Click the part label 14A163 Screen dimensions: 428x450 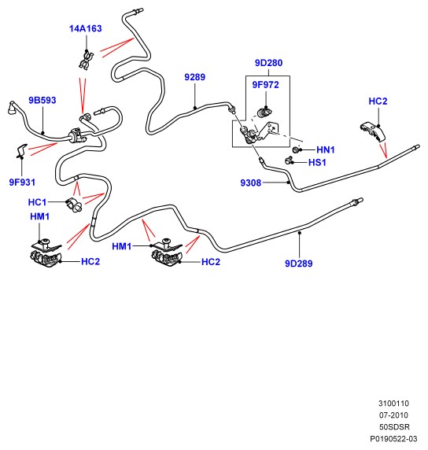coord(86,28)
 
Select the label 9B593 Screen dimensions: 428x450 coord(42,100)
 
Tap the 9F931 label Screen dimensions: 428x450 coord(22,183)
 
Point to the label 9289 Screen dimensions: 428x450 coord(194,77)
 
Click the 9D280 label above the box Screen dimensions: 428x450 coord(269,63)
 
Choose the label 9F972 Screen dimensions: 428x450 coord(265,85)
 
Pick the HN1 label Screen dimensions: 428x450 coord(326,149)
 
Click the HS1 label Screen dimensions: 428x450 coord(317,163)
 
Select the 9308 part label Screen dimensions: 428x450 coord(251,183)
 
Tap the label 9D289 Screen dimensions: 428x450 coord(298,264)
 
